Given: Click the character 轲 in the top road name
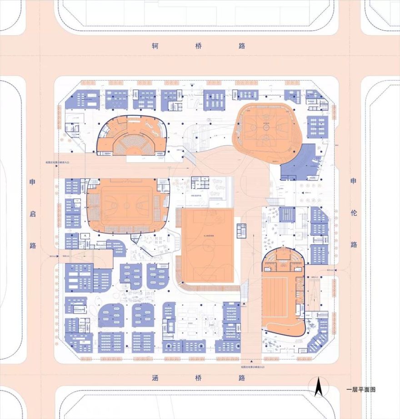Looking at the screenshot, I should (156, 46).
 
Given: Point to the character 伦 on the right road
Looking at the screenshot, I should (354, 212).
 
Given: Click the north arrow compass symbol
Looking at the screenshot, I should (319, 388).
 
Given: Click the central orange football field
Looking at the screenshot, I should (208, 246).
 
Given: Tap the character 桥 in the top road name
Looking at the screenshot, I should (199, 46).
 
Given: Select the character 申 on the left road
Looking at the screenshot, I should (33, 182).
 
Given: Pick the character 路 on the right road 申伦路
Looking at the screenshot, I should (354, 244).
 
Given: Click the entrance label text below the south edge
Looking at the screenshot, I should (252, 366).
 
